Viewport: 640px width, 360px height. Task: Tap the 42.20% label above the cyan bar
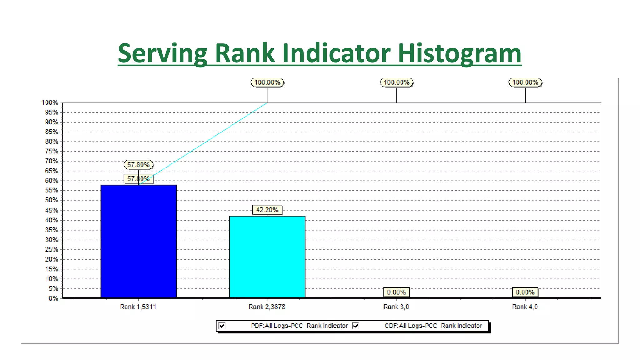point(267,210)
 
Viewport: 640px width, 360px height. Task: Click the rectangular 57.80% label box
point(138,179)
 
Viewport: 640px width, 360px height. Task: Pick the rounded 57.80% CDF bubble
point(138,165)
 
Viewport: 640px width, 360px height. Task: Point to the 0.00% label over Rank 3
point(396,292)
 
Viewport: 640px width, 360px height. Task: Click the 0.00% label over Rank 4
point(525,292)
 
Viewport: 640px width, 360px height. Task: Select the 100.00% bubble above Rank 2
point(267,82)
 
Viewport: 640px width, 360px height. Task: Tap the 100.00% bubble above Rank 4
point(525,82)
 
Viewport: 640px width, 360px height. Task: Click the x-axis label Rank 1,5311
point(138,307)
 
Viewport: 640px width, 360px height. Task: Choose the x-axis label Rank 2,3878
point(267,307)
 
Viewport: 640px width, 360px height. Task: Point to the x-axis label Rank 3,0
point(396,307)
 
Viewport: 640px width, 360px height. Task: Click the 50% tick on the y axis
point(52,200)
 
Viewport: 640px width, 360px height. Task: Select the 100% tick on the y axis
point(50,102)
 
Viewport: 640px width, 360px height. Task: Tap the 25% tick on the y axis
point(52,249)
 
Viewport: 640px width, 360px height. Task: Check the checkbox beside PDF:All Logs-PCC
point(222,326)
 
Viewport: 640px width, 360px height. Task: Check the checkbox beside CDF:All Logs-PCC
point(355,326)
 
